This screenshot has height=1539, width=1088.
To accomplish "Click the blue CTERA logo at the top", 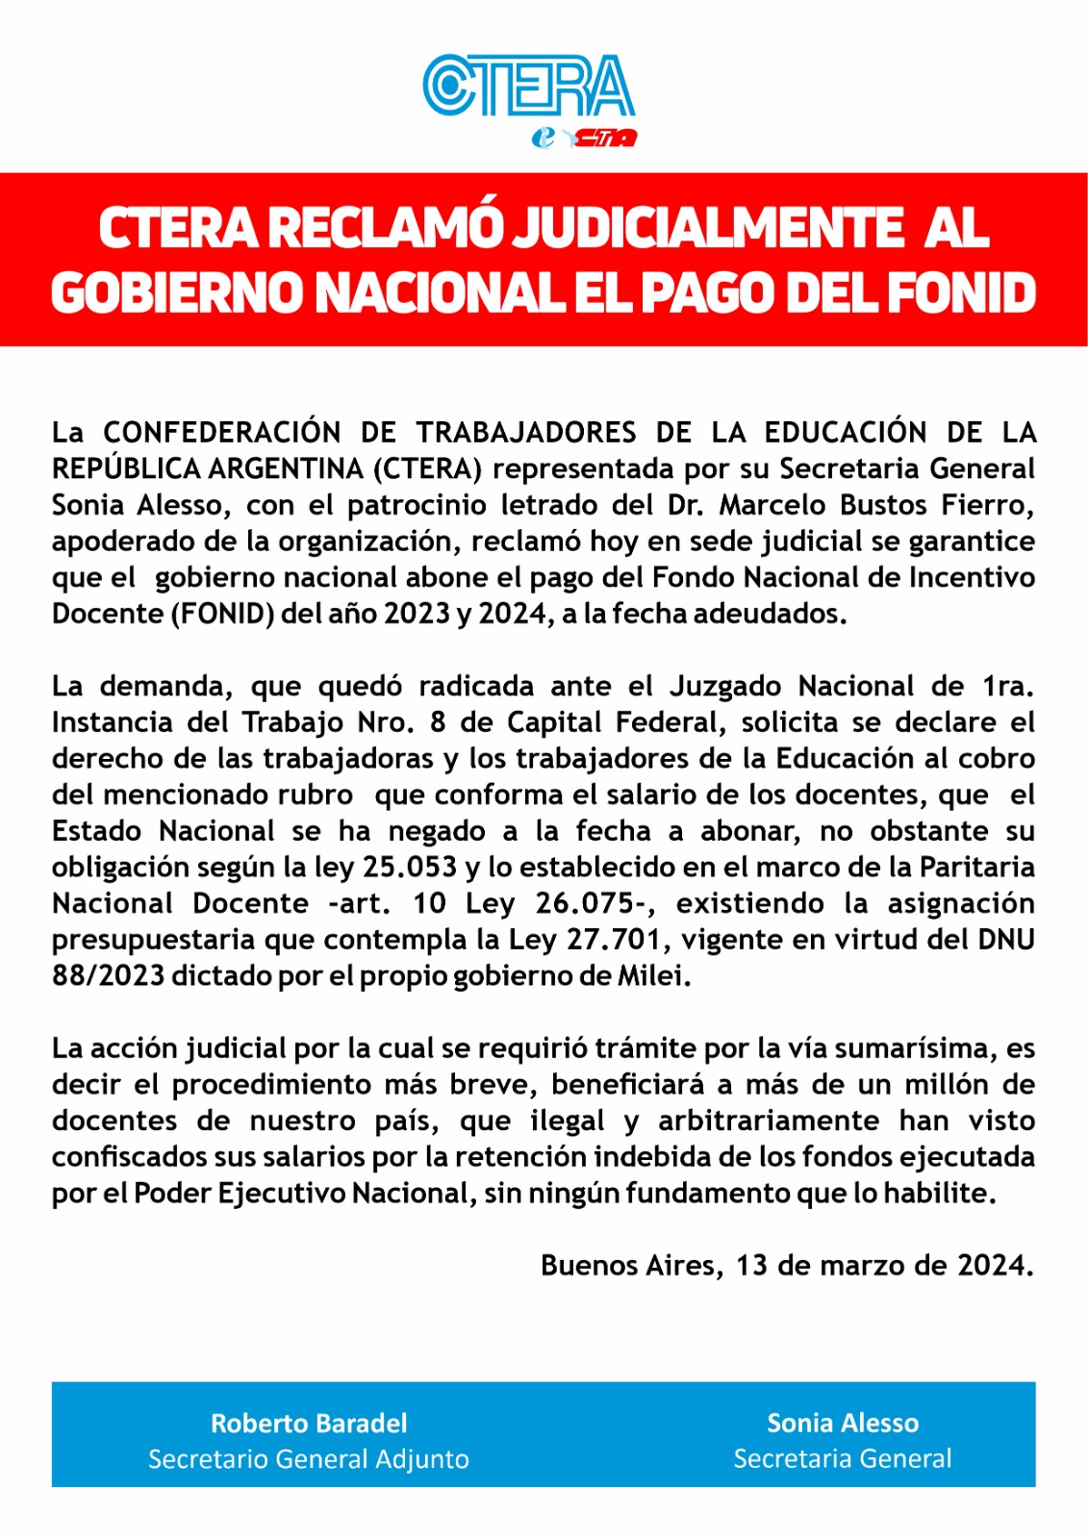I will click(x=528, y=87).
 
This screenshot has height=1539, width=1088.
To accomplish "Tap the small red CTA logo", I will click(x=604, y=139).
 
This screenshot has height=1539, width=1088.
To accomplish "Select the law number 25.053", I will click(x=410, y=868).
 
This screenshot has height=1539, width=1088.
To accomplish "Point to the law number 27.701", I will click(x=619, y=940).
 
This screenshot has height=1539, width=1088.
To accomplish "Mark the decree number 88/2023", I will click(x=109, y=976).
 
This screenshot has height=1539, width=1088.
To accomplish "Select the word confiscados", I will click(x=128, y=1157).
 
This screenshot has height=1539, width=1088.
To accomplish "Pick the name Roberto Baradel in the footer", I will click(x=309, y=1424).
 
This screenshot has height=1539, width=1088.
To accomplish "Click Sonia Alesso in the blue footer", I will click(x=843, y=1424).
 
